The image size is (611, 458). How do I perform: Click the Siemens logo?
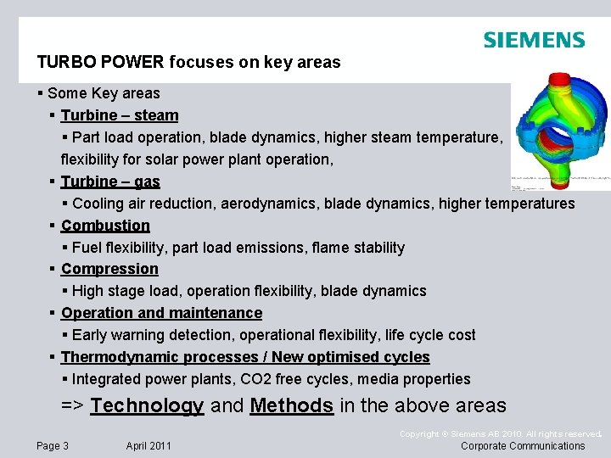pyautogui.click(x=534, y=40)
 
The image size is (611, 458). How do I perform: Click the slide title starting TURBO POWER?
pyautogui.click(x=188, y=62)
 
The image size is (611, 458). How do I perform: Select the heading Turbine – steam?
pyautogui.click(x=120, y=115)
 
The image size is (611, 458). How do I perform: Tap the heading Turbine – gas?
pyautogui.click(x=110, y=182)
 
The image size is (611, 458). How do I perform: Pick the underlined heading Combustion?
pyautogui.click(x=105, y=226)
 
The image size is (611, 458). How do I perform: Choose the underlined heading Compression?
pyautogui.click(x=109, y=269)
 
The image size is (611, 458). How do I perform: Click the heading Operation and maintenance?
pyautogui.click(x=161, y=313)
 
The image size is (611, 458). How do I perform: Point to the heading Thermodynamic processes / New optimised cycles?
pyautogui.click(x=245, y=357)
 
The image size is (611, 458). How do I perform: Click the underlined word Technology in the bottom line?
pyautogui.click(x=147, y=405)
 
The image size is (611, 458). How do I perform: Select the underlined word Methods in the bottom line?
pyautogui.click(x=292, y=405)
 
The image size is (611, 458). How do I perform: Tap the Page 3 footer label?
pyautogui.click(x=53, y=446)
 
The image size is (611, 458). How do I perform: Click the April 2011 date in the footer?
pyautogui.click(x=149, y=446)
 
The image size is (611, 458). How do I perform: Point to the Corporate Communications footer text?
pyautogui.click(x=523, y=446)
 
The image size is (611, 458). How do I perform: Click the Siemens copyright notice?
pyautogui.click(x=500, y=434)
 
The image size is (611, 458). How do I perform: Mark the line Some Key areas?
pyautogui.click(x=104, y=93)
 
